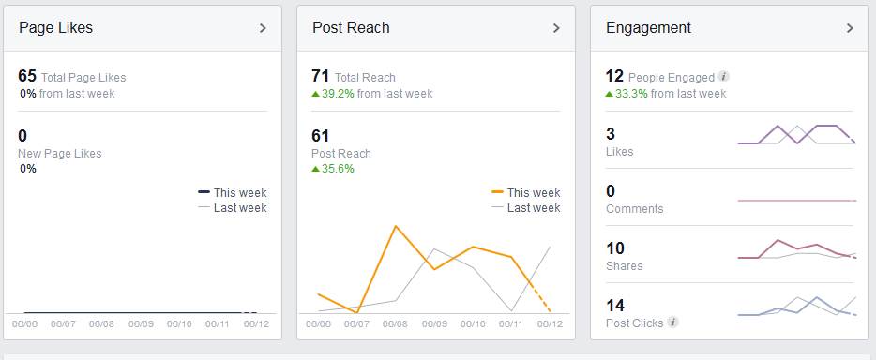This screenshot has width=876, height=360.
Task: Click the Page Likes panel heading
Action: (55, 28)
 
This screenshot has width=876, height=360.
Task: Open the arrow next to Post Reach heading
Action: (556, 28)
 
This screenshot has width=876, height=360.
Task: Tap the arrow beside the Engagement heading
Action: (850, 28)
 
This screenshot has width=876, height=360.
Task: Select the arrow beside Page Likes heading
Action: (263, 28)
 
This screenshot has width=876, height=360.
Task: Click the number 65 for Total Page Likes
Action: (26, 76)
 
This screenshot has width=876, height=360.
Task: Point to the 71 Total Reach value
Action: (320, 76)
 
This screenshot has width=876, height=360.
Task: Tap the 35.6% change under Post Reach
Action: (338, 169)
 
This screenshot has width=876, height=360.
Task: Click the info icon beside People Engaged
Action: (723, 77)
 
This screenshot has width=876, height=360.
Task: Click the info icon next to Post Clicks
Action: (672, 322)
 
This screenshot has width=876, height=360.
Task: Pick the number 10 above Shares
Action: (615, 247)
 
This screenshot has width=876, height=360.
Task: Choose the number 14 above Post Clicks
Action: (615, 305)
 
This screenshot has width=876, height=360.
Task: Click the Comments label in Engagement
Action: (634, 209)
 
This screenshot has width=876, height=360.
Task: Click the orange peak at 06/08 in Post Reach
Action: (396, 226)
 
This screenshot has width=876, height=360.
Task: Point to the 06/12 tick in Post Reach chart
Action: (550, 324)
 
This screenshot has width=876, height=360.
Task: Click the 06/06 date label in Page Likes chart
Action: (24, 324)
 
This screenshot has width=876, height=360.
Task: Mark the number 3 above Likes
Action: (611, 134)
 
